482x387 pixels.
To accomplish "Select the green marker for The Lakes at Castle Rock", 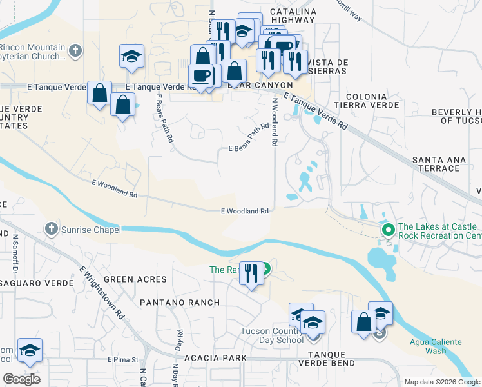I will pyautogui.click(x=388, y=230).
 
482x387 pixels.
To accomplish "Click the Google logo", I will pyautogui.click(x=21, y=379).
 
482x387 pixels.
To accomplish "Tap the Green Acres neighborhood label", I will pyautogui.click(x=135, y=279).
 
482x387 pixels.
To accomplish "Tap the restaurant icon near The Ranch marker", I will pyautogui.click(x=251, y=273).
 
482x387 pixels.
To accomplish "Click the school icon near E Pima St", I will pyautogui.click(x=30, y=350).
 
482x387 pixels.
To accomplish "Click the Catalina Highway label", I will pyautogui.click(x=293, y=15).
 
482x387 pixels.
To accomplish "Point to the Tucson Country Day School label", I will pyautogui.click(x=281, y=335).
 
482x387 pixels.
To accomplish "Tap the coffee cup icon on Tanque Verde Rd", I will pyautogui.click(x=200, y=75).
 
